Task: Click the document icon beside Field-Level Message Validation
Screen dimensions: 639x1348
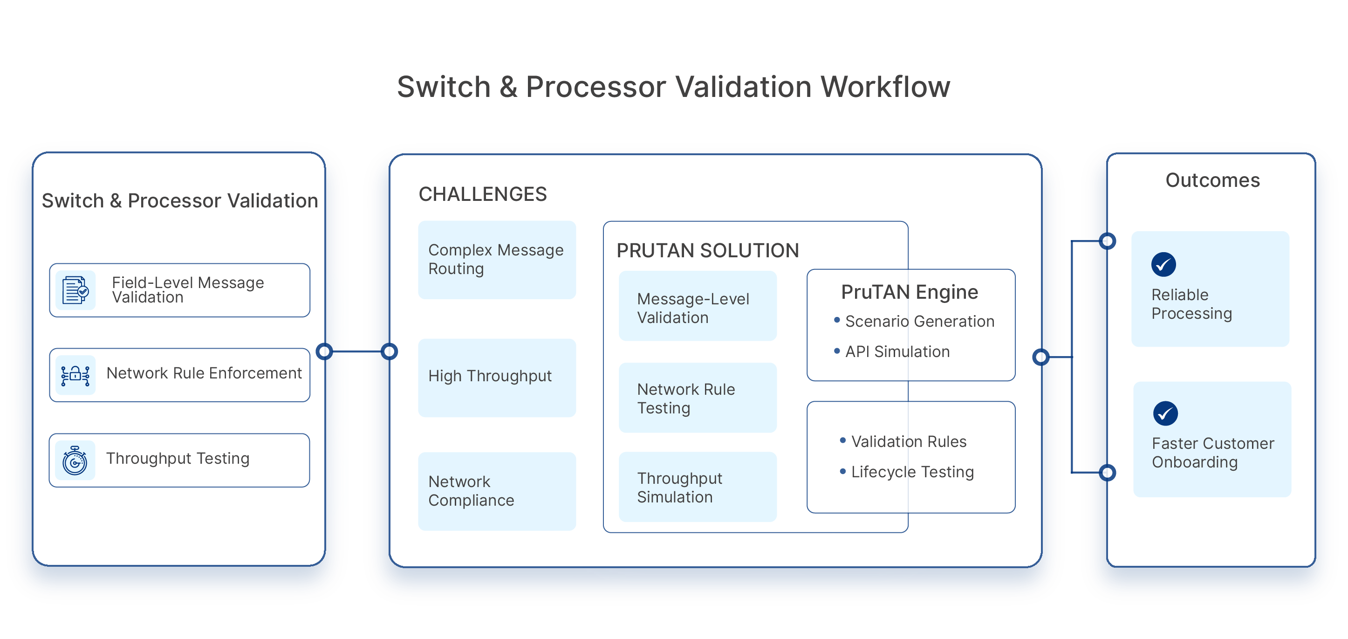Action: tap(75, 290)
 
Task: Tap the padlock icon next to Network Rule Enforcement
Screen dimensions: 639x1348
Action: tap(75, 375)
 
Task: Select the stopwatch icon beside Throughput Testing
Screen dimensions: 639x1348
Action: tap(75, 460)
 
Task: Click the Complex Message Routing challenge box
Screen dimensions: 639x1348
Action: tap(497, 260)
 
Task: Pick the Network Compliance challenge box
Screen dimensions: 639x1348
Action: tap(497, 491)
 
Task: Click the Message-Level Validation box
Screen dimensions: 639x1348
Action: tap(697, 308)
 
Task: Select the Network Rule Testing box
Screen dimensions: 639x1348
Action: tap(697, 398)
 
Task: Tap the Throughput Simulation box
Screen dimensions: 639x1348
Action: tap(697, 487)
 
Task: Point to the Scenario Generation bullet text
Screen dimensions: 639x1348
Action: tap(919, 321)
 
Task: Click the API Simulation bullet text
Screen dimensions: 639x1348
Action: tap(897, 352)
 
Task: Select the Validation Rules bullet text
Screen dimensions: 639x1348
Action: tap(909, 442)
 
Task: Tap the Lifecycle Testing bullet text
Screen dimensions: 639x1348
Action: tap(912, 472)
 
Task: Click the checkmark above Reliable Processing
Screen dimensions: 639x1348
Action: tap(1163, 265)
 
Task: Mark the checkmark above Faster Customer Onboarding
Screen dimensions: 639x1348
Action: tap(1165, 413)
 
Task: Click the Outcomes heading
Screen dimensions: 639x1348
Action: tap(1212, 180)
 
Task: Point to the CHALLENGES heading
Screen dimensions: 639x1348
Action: tap(482, 194)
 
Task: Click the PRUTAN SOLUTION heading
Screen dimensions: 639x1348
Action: tap(707, 251)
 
